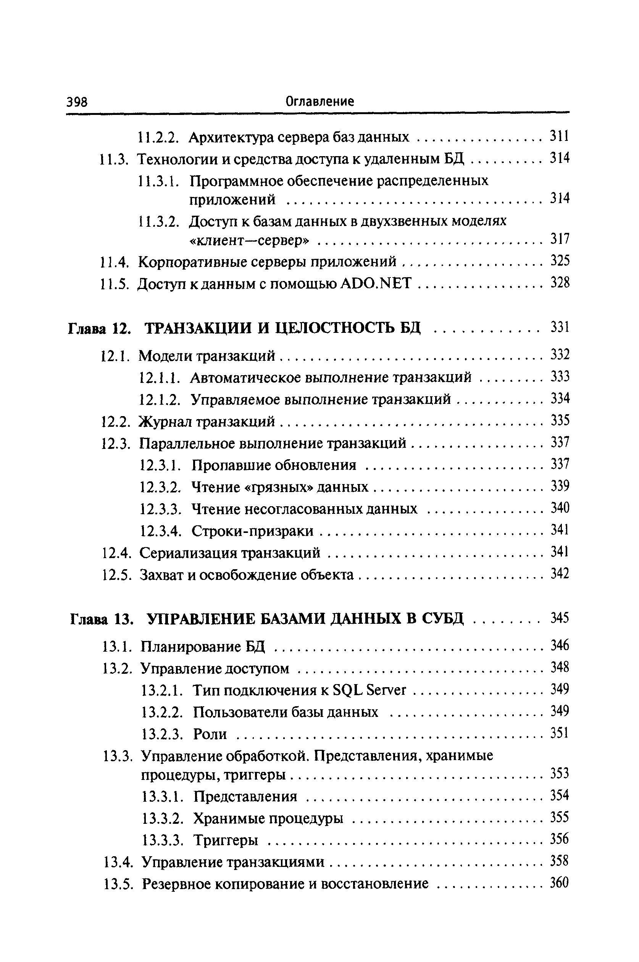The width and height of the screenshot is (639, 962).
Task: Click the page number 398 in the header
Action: click(x=77, y=102)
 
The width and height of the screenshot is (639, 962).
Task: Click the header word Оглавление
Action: click(x=319, y=101)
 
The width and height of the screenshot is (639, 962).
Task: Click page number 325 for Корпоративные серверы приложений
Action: click(x=560, y=260)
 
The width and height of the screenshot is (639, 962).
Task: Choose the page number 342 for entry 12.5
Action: click(x=560, y=574)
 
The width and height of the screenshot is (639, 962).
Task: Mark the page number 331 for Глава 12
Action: click(x=560, y=327)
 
